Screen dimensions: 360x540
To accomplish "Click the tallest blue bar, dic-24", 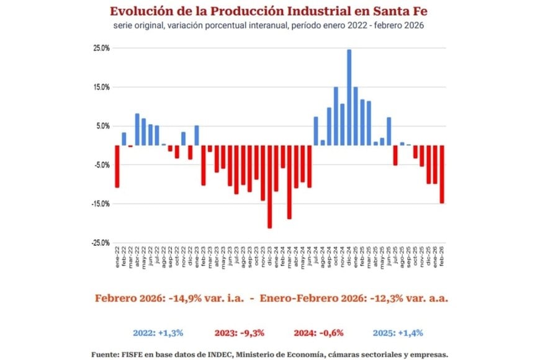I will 349,97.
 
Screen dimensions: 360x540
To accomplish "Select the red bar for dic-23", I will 269,186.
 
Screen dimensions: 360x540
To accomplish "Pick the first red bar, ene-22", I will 117,166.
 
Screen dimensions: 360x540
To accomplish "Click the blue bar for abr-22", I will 137,129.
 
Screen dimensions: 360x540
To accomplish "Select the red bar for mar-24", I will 289,182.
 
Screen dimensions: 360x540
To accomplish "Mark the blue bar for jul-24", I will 316,131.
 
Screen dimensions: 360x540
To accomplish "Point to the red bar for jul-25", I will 395,155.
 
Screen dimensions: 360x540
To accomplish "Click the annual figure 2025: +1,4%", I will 398,333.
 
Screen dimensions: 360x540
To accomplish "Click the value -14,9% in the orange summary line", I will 190,298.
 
